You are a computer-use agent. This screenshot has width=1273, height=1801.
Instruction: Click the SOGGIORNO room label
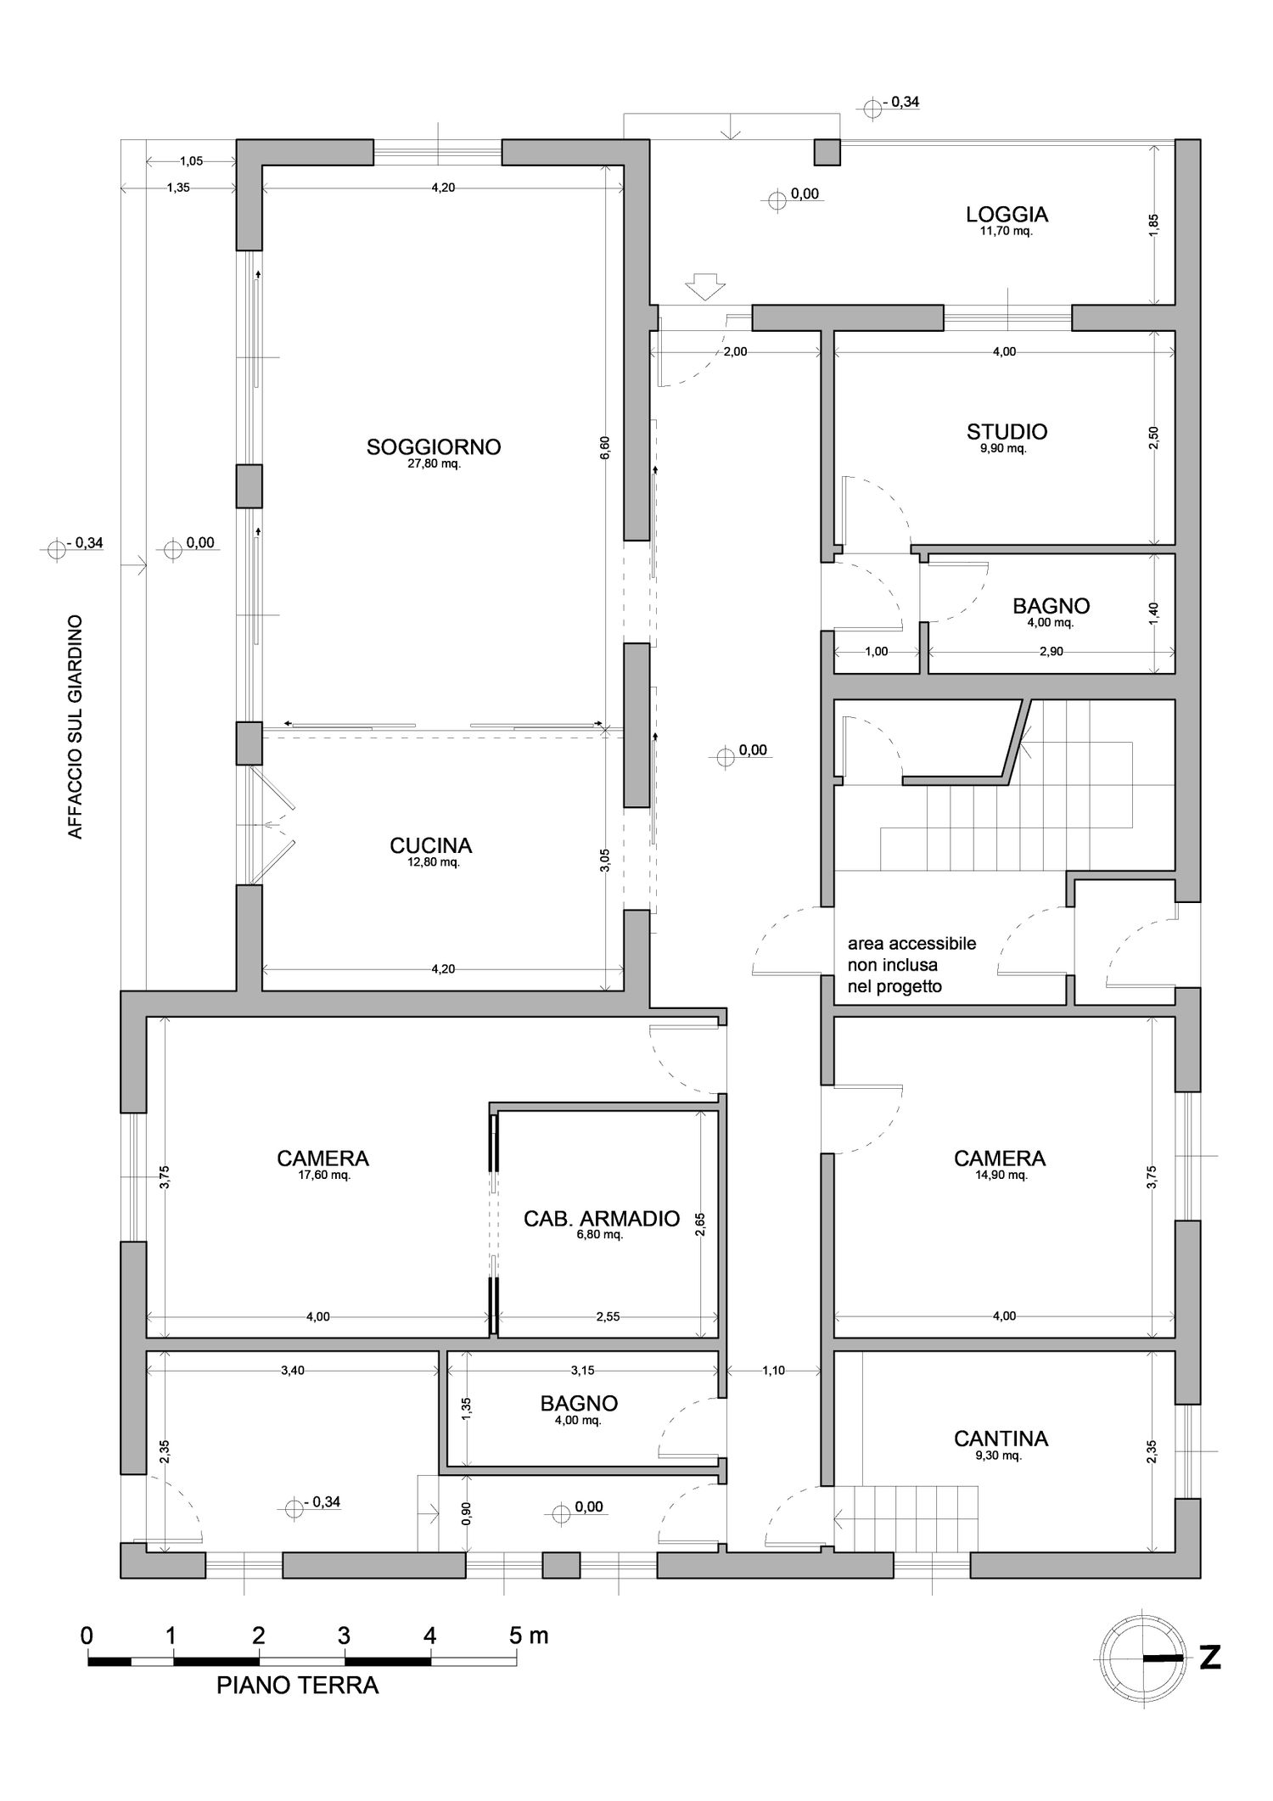point(434,447)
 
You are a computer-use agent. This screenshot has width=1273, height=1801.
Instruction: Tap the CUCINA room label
point(431,845)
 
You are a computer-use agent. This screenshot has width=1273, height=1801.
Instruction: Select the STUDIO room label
point(1007,432)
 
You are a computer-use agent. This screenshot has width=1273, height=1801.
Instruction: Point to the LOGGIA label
point(1007,214)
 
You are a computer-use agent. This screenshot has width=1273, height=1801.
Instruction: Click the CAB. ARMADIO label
point(602,1219)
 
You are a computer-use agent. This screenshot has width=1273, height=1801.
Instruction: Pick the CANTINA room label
point(1001,1439)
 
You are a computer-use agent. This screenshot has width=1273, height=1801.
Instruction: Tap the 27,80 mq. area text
point(434,464)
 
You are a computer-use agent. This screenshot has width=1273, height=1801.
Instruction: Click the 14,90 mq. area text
point(1001,1175)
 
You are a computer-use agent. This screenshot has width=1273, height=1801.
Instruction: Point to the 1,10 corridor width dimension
point(773,1371)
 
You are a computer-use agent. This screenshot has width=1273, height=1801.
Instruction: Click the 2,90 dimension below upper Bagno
point(1051,652)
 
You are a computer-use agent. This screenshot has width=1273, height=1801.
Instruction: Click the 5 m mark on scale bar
point(529,1635)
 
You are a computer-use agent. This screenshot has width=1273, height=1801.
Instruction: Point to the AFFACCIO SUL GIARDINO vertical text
point(76,727)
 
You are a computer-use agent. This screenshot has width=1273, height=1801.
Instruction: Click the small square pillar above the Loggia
point(827,153)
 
